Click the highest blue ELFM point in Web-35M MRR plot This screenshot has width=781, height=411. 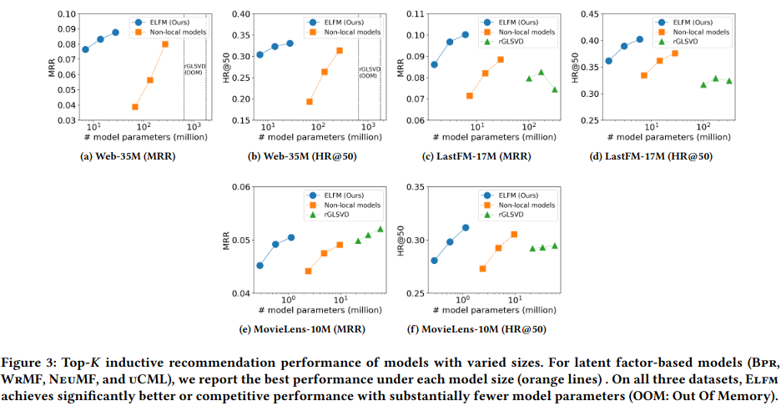point(115,33)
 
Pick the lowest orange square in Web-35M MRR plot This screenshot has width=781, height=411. point(134,107)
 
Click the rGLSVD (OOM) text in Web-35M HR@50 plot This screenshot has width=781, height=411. point(369,69)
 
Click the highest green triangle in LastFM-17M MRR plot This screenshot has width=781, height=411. point(541,73)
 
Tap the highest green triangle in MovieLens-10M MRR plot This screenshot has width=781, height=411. point(380,229)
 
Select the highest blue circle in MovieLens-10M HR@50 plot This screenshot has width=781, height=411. point(466,227)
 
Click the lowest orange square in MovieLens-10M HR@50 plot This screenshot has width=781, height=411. point(482,268)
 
